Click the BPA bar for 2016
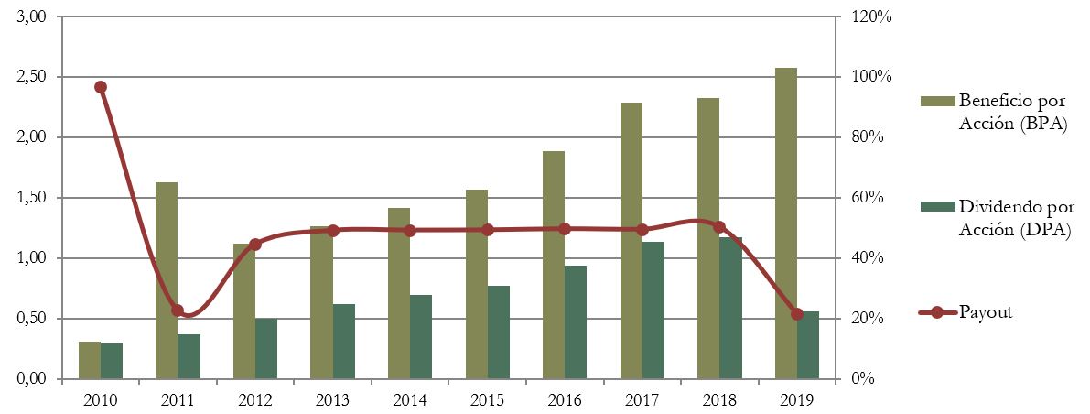(x=554, y=265)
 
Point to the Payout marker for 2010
(x=101, y=87)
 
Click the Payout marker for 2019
(x=797, y=314)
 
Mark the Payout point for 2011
(x=178, y=310)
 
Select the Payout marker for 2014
(x=410, y=231)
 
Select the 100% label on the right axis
(x=872, y=77)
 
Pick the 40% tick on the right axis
(x=869, y=258)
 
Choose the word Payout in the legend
(x=986, y=312)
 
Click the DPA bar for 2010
(x=112, y=361)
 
